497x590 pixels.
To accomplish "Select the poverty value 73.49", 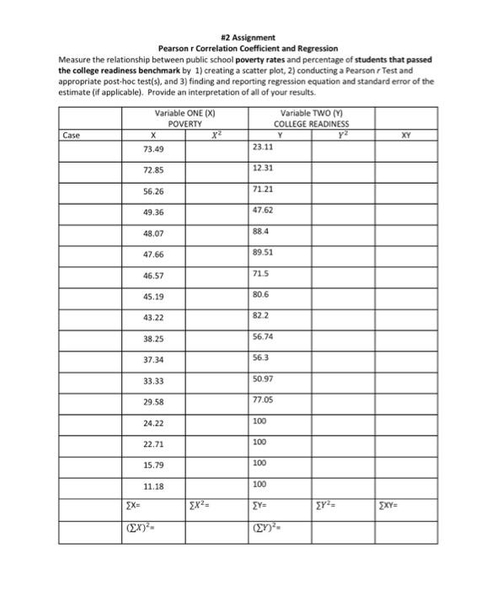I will (152, 149).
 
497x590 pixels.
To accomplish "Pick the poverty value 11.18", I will (152, 486).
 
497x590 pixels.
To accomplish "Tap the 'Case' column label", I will (72, 133).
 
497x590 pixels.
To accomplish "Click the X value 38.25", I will (152, 338).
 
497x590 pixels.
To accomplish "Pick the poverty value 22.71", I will (152, 444).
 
